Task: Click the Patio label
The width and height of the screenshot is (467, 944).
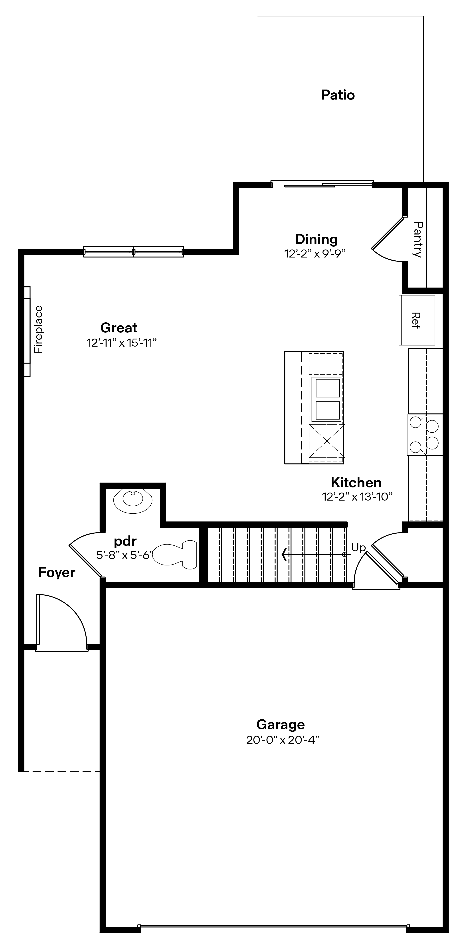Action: click(338, 95)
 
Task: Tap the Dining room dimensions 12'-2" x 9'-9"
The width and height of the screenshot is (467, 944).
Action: click(315, 253)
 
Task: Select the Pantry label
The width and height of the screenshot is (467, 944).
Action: click(418, 239)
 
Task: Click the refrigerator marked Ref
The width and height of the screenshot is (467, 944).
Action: click(416, 320)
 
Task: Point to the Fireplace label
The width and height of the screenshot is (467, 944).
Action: click(38, 329)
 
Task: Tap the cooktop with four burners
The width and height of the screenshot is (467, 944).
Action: click(425, 435)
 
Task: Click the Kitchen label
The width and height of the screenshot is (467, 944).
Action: click(356, 482)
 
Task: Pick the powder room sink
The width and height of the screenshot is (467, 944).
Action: click(133, 499)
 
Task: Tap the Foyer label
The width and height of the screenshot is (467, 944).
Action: click(57, 572)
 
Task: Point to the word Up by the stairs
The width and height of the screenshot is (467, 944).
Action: click(358, 547)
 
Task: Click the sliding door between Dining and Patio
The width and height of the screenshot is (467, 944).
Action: click(322, 184)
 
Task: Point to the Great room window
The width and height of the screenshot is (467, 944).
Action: click(133, 252)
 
